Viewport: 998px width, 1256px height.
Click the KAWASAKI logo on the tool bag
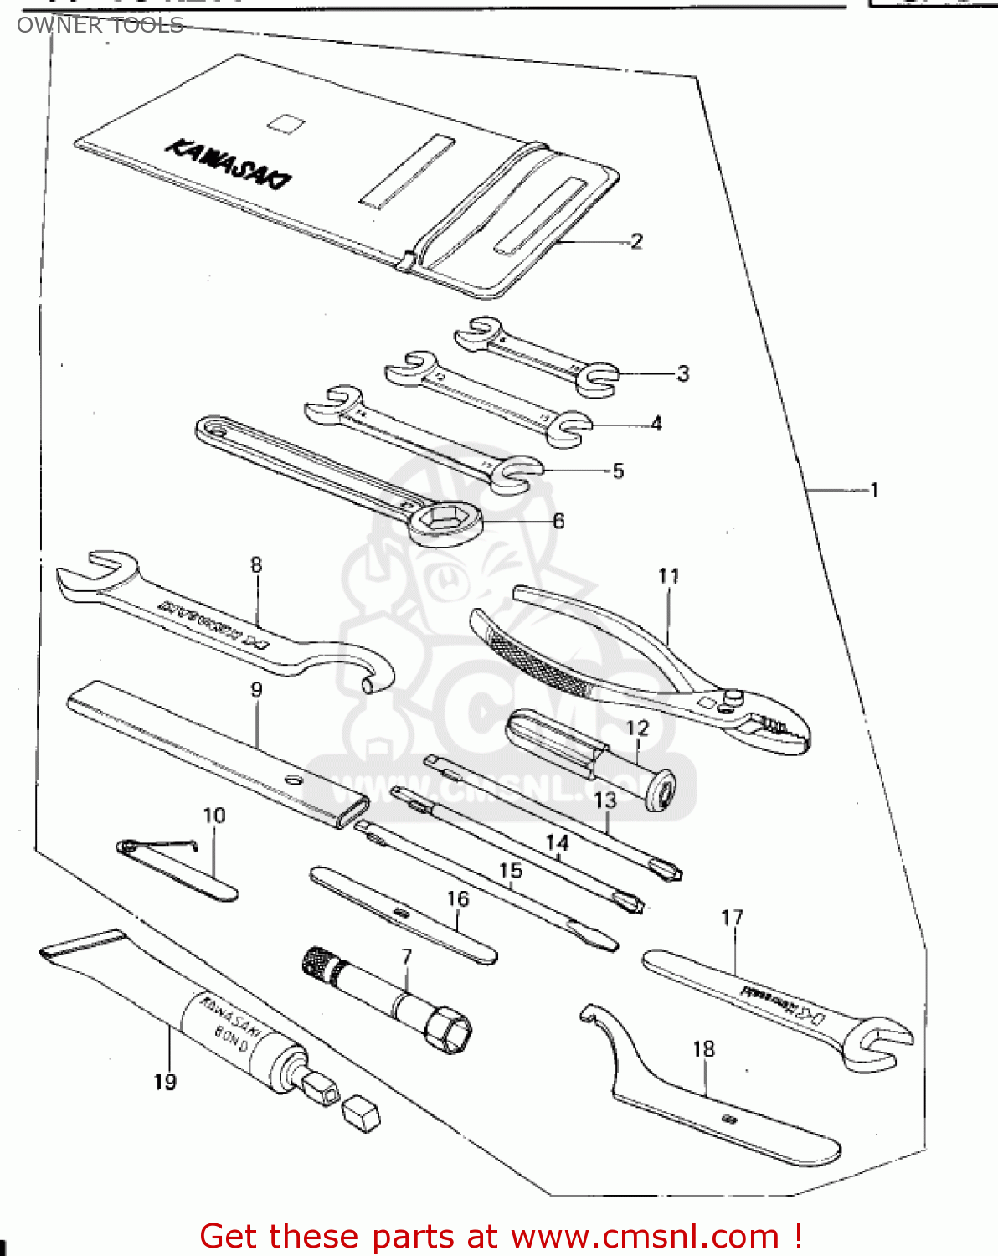pos(229,163)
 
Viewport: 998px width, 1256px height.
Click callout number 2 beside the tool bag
pos(636,241)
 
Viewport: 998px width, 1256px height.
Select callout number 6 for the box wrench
pos(558,521)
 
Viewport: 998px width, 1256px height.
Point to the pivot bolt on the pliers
pos(733,696)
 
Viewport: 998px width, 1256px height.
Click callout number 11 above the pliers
pos(668,576)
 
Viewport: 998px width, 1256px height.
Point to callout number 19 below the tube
pos(165,1082)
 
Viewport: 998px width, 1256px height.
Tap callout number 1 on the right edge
pos(874,490)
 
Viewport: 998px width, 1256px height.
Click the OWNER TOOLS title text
pos(100,25)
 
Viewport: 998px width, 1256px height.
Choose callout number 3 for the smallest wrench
pos(682,373)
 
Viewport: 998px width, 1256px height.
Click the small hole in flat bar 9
pos(292,779)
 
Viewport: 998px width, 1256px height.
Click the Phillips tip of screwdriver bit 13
pos(669,872)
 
